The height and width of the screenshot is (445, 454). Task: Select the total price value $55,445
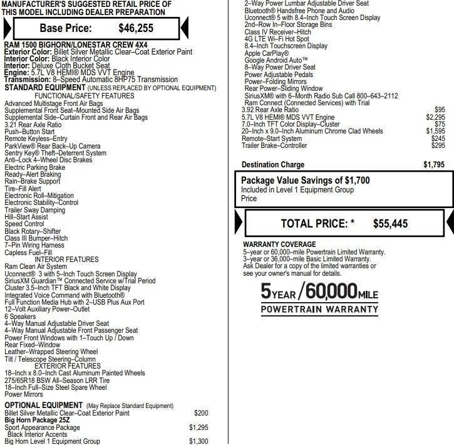[390, 223]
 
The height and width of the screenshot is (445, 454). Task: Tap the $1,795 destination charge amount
[434, 165]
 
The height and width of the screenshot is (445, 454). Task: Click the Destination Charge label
[273, 165]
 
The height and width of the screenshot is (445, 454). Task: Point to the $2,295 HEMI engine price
[435, 117]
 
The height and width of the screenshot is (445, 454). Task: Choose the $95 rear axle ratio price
[440, 110]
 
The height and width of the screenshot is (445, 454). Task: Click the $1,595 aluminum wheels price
[435, 131]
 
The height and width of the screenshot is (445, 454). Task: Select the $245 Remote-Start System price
[438, 139]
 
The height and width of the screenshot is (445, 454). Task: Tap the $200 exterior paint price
[201, 413]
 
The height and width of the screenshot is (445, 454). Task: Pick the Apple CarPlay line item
[267, 53]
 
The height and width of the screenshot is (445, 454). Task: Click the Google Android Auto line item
[276, 60]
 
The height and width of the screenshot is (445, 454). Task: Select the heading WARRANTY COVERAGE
[279, 244]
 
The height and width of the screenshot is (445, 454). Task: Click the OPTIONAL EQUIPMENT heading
[43, 406]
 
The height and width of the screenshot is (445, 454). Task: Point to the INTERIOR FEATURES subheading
[66, 259]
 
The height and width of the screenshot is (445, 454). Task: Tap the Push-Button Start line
[29, 132]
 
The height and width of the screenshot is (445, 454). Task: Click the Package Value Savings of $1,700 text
[306, 181]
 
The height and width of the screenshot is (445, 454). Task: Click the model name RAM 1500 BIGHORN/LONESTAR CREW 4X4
[76, 45]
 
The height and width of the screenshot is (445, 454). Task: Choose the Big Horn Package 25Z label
[39, 420]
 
